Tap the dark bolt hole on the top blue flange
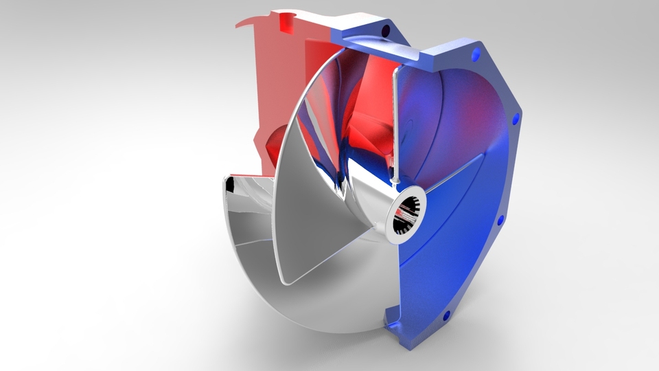tap(385, 31)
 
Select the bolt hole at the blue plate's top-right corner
tap(474, 52)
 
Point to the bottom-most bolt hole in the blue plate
tap(447, 316)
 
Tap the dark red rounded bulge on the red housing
tap(272, 141)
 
